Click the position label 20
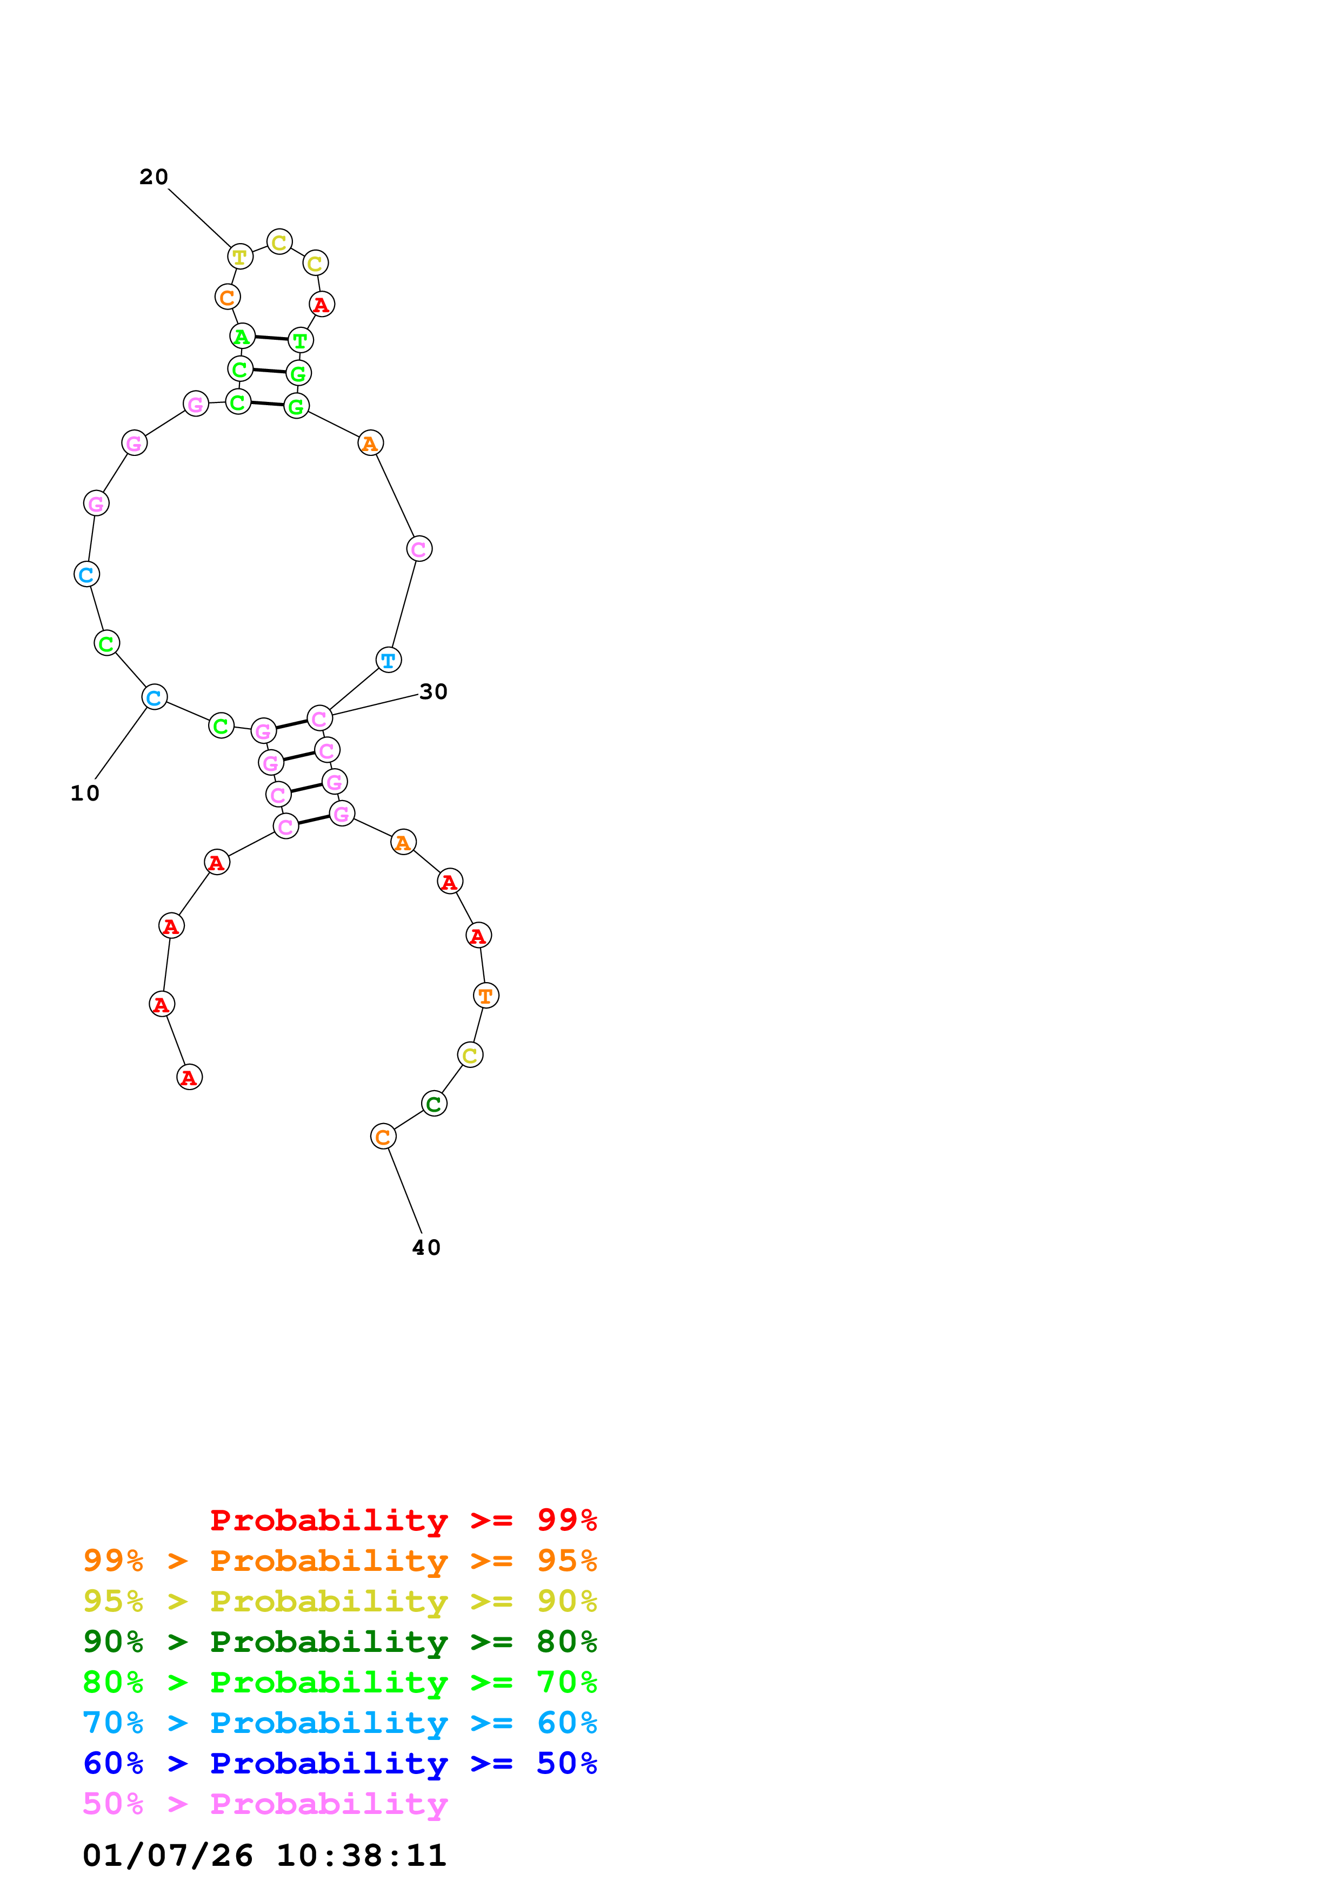[154, 177]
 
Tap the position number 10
[85, 793]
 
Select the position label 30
[434, 691]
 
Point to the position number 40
[426, 1247]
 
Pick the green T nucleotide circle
[301, 340]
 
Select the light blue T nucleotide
[389, 660]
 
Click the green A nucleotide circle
[242, 337]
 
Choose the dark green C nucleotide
[434, 1104]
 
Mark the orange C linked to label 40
[383, 1137]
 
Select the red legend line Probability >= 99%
[403, 1520]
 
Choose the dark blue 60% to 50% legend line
[339, 1763]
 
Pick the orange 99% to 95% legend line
[339, 1560]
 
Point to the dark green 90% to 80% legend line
[339, 1642]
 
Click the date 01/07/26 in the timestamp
[168, 1856]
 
